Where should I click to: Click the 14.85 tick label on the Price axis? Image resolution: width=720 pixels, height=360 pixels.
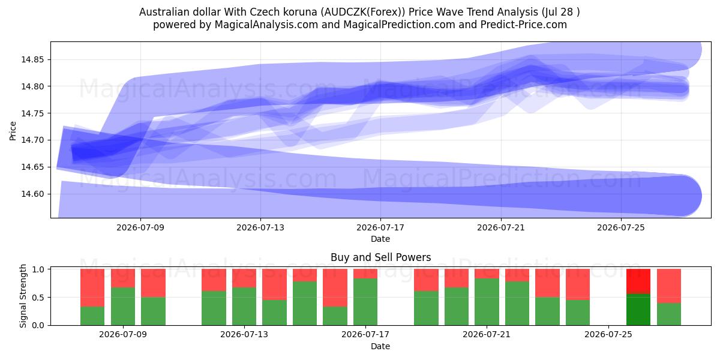pos(32,60)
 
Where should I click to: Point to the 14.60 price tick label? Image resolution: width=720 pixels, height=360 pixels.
pos(32,194)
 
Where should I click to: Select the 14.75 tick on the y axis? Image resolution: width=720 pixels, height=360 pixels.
pos(32,113)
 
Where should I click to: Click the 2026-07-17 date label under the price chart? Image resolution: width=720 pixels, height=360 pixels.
pos(380,227)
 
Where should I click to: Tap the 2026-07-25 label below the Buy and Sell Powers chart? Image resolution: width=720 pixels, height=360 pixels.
pos(608,334)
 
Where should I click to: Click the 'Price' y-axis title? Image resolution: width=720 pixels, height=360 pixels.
pos(13,131)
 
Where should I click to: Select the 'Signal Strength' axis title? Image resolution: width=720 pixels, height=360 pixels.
pos(23,296)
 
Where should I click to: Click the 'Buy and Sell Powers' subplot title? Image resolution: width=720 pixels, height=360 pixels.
pos(380,257)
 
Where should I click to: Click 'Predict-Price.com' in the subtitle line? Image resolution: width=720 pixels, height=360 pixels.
pos(524,25)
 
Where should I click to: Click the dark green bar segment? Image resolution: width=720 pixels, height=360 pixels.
pos(638,310)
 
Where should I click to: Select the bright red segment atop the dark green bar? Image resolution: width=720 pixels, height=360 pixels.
pos(638,281)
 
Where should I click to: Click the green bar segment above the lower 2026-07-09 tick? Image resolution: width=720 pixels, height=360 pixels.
pos(123,307)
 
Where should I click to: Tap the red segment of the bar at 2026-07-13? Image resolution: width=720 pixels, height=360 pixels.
pos(244,278)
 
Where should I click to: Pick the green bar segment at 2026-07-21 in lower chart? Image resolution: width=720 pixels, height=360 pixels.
pos(487,302)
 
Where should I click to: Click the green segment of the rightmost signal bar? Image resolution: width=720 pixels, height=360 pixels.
pos(669,314)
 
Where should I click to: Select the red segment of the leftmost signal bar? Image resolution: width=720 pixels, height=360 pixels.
pos(92,287)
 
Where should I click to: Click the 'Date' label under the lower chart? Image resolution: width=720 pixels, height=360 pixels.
pos(380,347)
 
